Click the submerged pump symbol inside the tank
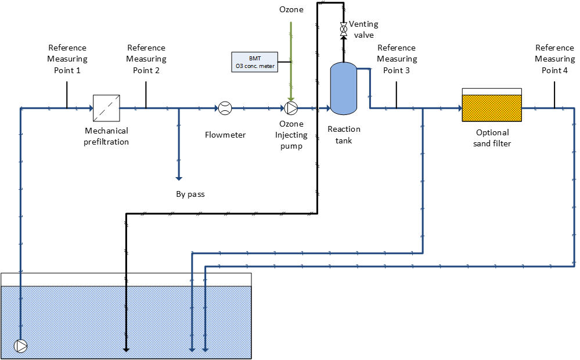click(x=21, y=346)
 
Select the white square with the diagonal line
click(x=106, y=108)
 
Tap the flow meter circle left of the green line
click(x=225, y=108)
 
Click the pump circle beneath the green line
click(x=291, y=108)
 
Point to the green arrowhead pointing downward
click(x=291, y=99)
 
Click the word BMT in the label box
click(x=255, y=59)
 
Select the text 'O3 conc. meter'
click(x=255, y=66)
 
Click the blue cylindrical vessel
click(x=343, y=88)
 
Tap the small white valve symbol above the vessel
click(x=344, y=28)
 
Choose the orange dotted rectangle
click(x=492, y=108)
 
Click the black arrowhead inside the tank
click(x=126, y=350)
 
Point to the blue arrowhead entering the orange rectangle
click(x=459, y=108)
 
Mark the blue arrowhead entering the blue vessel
click(x=327, y=108)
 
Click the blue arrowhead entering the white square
click(x=90, y=108)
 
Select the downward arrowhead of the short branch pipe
click(x=179, y=178)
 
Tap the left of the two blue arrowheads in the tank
click(x=192, y=350)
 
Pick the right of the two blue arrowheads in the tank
click(x=205, y=350)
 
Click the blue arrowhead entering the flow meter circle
click(x=215, y=108)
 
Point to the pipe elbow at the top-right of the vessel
click(x=369, y=69)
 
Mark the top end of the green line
click(x=291, y=23)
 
